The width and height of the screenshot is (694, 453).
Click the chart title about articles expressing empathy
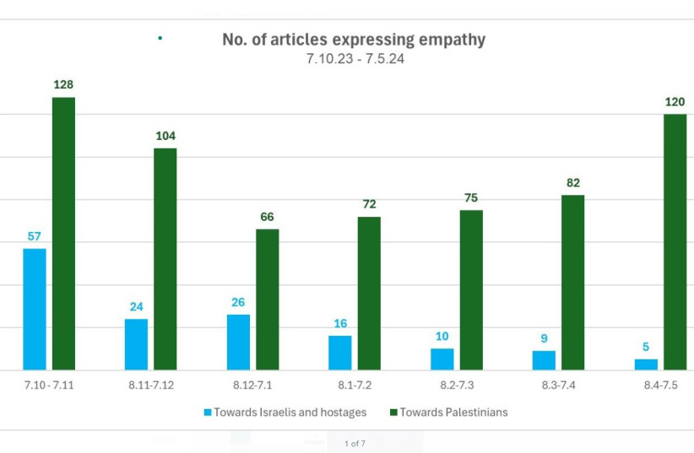click(x=354, y=40)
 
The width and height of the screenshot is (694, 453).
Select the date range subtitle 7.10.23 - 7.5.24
click(x=354, y=60)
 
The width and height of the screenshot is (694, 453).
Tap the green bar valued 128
click(x=63, y=234)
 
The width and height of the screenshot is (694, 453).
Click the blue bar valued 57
click(x=35, y=309)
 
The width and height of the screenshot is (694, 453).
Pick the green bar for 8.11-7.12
click(x=165, y=259)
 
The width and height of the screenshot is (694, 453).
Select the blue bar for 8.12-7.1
click(x=238, y=342)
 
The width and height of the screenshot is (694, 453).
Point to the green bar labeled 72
click(x=369, y=293)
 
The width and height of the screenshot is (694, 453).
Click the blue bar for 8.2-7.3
click(x=442, y=359)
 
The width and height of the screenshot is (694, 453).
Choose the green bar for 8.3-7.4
click(x=573, y=283)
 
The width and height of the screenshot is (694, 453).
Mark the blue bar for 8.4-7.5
click(x=646, y=364)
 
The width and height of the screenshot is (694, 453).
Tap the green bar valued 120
click(x=675, y=242)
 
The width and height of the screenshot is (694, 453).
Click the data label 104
click(x=165, y=136)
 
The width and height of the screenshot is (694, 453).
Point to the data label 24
click(x=136, y=306)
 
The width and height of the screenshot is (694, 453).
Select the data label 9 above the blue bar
click(x=544, y=338)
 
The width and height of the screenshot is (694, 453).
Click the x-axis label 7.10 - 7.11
click(x=49, y=386)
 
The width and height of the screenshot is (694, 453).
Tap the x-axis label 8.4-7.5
click(x=660, y=386)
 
